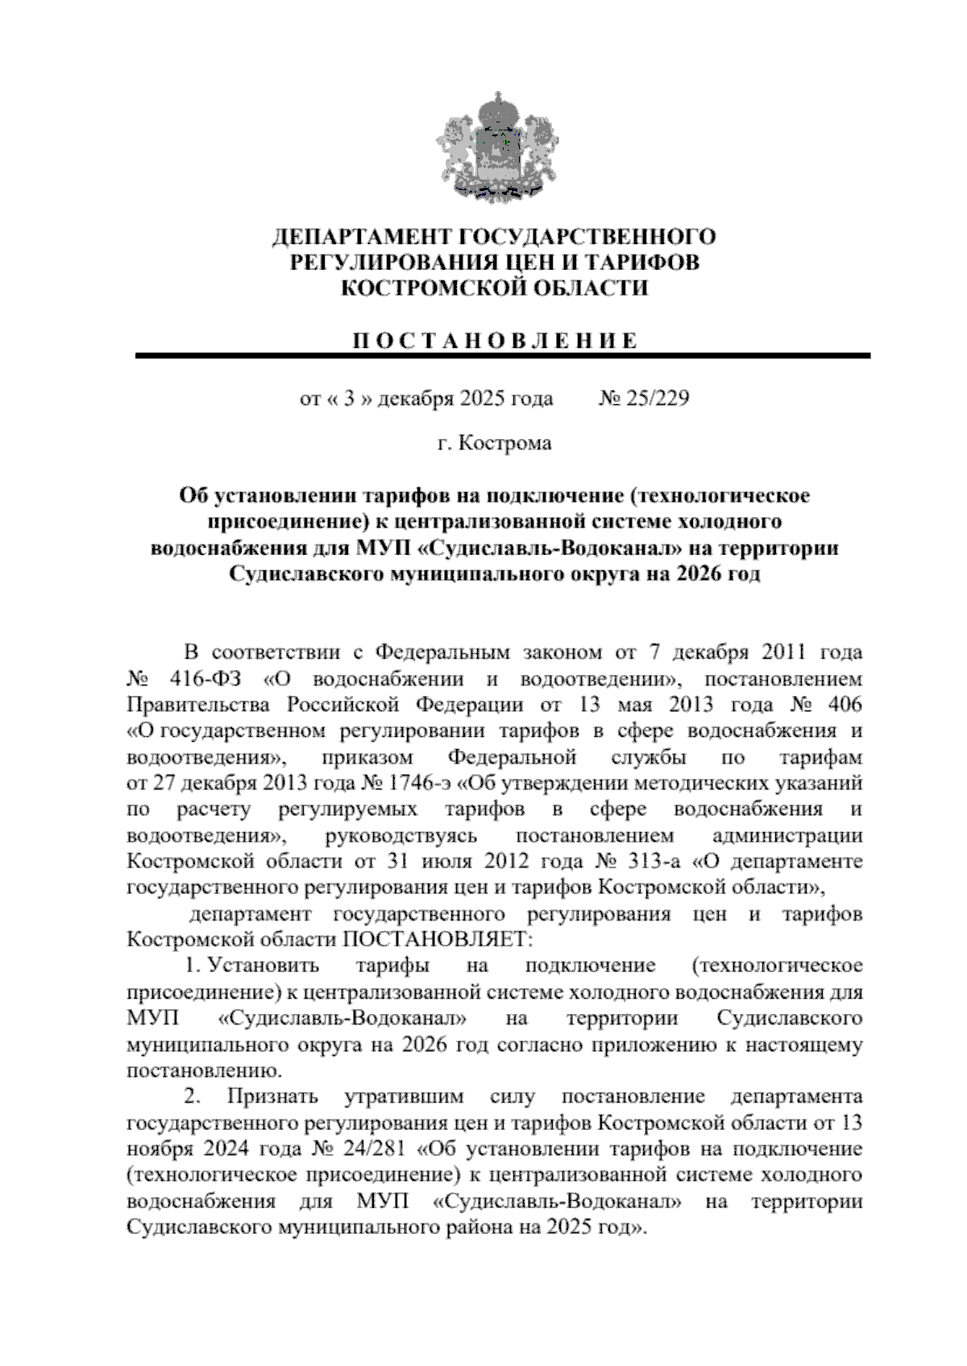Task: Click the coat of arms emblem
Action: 494,147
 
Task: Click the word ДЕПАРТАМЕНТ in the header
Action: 360,236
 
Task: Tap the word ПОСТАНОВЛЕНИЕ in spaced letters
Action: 494,340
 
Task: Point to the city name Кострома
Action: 505,443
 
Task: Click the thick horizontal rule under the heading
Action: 502,355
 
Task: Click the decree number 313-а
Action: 654,860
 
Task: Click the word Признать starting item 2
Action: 273,1096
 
